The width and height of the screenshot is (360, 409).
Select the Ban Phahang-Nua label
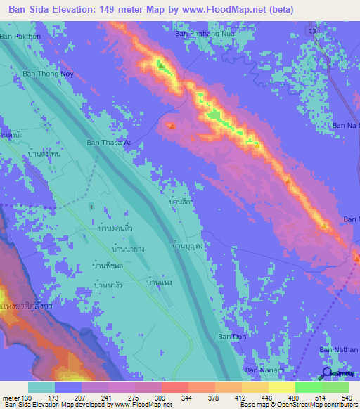(x=204, y=33)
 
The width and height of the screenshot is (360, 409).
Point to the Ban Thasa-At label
(x=108, y=143)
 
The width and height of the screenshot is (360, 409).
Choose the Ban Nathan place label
(x=339, y=349)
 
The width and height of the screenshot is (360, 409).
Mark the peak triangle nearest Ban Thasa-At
(x=172, y=126)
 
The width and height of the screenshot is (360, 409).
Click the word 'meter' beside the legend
(x=10, y=397)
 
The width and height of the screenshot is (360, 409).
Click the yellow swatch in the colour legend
(x=282, y=387)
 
